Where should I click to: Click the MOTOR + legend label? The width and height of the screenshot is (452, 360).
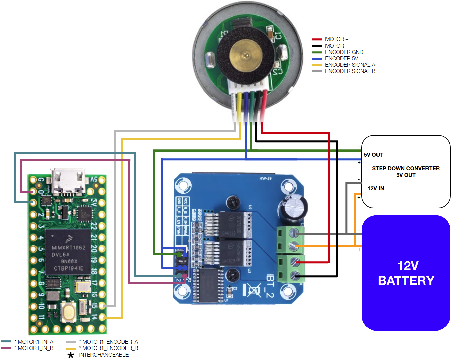[x=337, y=39]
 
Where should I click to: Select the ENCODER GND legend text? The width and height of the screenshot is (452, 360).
[x=344, y=52]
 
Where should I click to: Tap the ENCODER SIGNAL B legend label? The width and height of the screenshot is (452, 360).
[x=350, y=71]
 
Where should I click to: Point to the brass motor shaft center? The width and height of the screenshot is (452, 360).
[x=246, y=56]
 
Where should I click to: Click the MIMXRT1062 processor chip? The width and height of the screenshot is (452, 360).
[x=68, y=251]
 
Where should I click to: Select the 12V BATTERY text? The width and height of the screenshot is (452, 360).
[x=406, y=273]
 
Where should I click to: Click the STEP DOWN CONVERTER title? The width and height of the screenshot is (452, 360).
[x=406, y=168]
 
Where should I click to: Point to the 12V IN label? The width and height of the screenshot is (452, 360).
[x=376, y=188]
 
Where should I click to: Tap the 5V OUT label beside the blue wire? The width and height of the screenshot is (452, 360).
[x=373, y=155]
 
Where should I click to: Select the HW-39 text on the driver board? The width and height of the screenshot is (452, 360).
[x=265, y=178]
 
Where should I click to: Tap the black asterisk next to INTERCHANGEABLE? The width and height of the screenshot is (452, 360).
[x=71, y=355]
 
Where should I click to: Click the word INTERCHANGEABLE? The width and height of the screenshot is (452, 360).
[x=104, y=355]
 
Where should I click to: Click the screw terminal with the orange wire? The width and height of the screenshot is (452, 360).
[x=294, y=246]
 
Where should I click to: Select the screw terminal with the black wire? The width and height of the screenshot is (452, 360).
[x=294, y=276]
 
